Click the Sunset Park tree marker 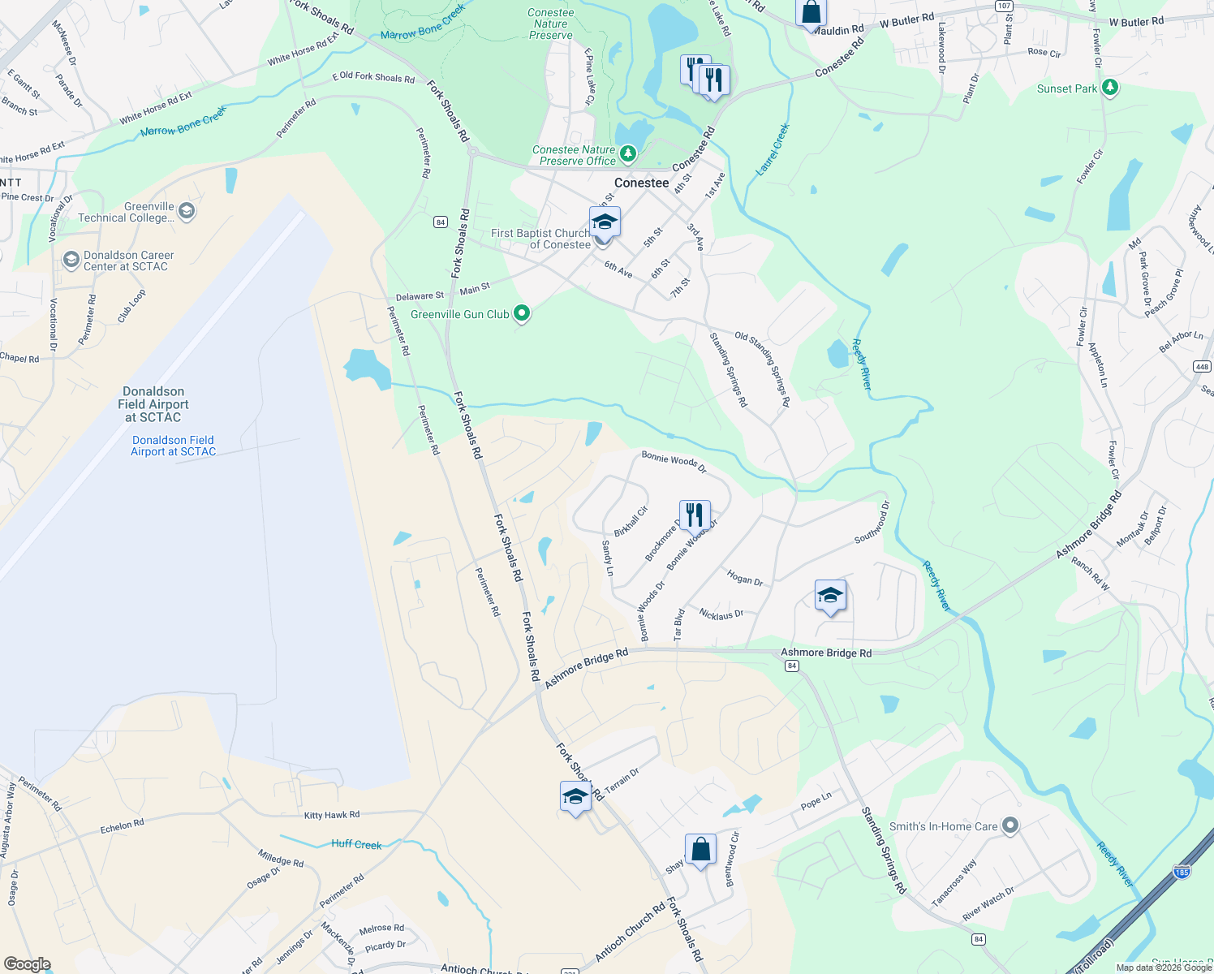click(x=1110, y=88)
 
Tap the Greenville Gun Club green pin click(x=522, y=313)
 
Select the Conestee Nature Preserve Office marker click(x=627, y=153)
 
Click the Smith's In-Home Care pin click(x=1010, y=825)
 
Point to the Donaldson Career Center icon click(x=71, y=260)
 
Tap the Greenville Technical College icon click(x=186, y=211)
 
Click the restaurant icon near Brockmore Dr click(x=695, y=515)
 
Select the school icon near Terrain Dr click(x=575, y=796)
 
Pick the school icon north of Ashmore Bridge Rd click(x=830, y=596)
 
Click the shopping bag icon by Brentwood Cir click(x=700, y=849)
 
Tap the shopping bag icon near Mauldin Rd click(x=811, y=13)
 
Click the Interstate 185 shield click(x=1182, y=872)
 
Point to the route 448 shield click(x=1202, y=367)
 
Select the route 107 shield click(x=1004, y=6)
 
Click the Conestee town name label click(x=641, y=183)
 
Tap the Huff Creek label click(x=356, y=844)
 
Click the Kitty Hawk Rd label click(x=331, y=815)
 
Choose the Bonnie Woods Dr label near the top click(x=674, y=462)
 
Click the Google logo click(x=28, y=964)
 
